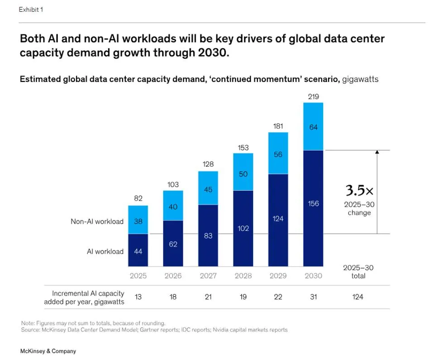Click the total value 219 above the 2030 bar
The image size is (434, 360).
coord(313,96)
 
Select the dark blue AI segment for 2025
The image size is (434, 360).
coord(138,250)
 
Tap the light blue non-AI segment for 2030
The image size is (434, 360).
coord(313,126)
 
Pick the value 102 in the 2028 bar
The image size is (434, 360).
coord(243,228)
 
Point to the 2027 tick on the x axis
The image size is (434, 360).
coord(208,276)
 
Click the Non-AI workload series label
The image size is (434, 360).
coord(97,222)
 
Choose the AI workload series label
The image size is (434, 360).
coord(105,252)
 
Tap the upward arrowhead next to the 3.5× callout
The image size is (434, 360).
coord(377,153)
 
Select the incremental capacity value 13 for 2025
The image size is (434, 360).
coord(138,297)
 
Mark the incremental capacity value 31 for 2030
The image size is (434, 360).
coord(313,297)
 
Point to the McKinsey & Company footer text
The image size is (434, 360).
coord(48,351)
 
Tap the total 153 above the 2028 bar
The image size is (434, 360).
coord(243,148)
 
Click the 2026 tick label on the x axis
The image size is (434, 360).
coord(173,276)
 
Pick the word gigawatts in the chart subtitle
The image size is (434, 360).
coord(360,79)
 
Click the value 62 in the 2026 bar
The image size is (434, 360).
coord(173,244)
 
